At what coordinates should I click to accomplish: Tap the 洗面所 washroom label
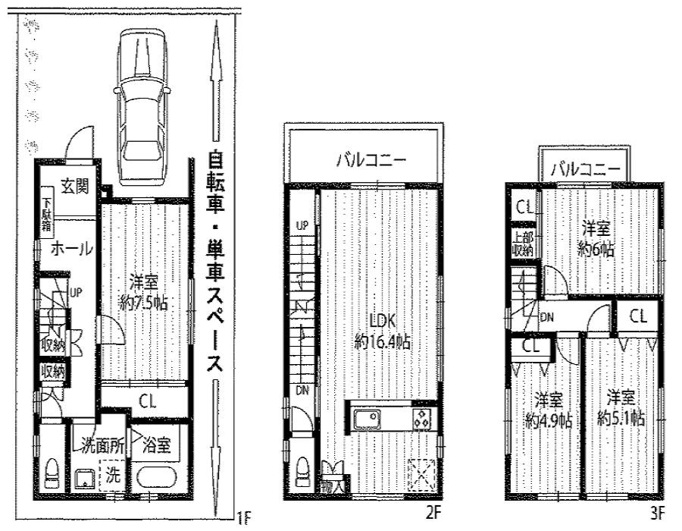[x=100, y=446]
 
